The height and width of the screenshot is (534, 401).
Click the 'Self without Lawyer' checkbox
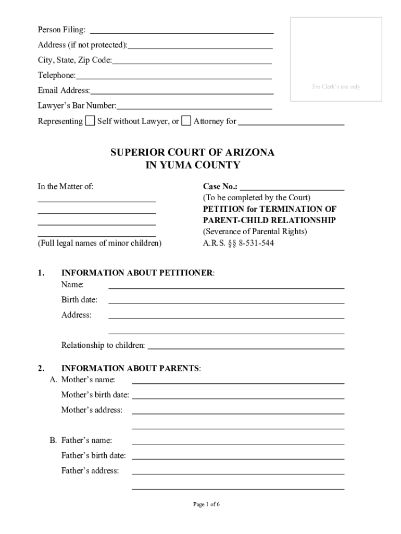tap(90, 121)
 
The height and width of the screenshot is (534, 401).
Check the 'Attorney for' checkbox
tap(186, 121)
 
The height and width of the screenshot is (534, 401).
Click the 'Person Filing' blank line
tap(182, 30)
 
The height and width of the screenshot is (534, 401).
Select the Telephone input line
tap(173, 76)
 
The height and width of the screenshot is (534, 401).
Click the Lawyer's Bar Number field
tap(194, 106)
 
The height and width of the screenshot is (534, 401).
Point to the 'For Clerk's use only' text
tap(336, 87)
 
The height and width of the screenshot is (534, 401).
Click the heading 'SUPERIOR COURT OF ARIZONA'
tap(192, 153)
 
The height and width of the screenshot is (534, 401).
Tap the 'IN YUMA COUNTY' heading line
tap(192, 165)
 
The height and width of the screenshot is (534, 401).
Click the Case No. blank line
tap(292, 187)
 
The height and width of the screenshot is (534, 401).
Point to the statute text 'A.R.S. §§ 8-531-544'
tap(238, 243)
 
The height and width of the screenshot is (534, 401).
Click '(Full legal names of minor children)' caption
tap(99, 243)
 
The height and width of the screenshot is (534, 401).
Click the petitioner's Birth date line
tap(226, 300)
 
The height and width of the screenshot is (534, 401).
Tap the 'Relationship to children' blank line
tap(246, 345)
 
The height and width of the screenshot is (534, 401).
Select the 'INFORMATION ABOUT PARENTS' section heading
tap(130, 368)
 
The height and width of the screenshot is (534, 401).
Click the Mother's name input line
tap(238, 380)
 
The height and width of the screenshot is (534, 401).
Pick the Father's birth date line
tap(238, 456)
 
